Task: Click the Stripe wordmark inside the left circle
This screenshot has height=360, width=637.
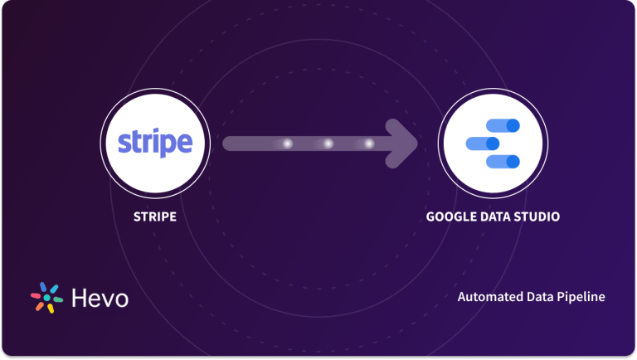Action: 155,144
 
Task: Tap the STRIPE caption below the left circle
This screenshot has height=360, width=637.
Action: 155,217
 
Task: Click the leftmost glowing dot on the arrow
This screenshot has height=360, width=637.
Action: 287,144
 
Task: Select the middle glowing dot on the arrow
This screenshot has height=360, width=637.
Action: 328,144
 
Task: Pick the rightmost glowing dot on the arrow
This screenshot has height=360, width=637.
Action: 368,144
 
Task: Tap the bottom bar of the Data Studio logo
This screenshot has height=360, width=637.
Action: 501,161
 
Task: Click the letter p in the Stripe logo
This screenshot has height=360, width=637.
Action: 164,146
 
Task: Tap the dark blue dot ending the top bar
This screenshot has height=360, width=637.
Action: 512,126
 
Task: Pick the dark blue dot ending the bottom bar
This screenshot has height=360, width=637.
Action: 512,161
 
